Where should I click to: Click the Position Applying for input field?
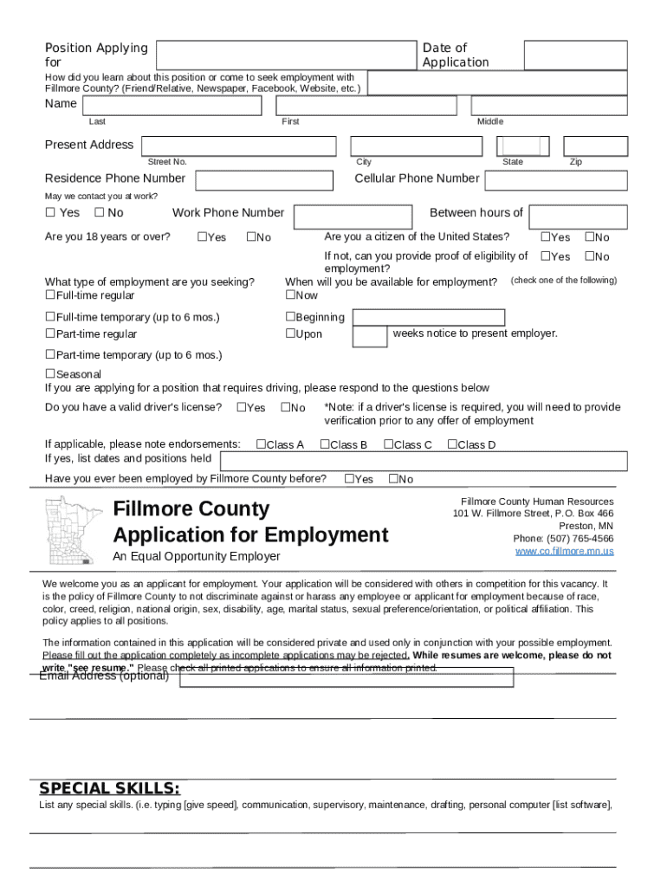[x=285, y=55]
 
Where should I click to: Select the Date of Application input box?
[x=575, y=55]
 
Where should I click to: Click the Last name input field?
[x=174, y=106]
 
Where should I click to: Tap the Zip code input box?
[x=594, y=146]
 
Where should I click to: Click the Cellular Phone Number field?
[x=555, y=179]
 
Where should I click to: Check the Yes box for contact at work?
[x=50, y=213]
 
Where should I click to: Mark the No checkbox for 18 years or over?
[x=250, y=237]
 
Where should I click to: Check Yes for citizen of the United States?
[x=546, y=237]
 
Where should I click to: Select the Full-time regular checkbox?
[x=49, y=295]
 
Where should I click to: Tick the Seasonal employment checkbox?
[x=49, y=374]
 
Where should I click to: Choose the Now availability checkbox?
[x=290, y=295]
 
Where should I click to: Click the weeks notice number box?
[x=371, y=336]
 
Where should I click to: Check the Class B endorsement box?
[x=325, y=445]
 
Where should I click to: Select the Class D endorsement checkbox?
[x=452, y=445]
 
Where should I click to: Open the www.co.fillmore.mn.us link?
[x=564, y=551]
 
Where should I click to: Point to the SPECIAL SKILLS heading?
[x=110, y=788]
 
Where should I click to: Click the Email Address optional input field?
[x=346, y=677]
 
